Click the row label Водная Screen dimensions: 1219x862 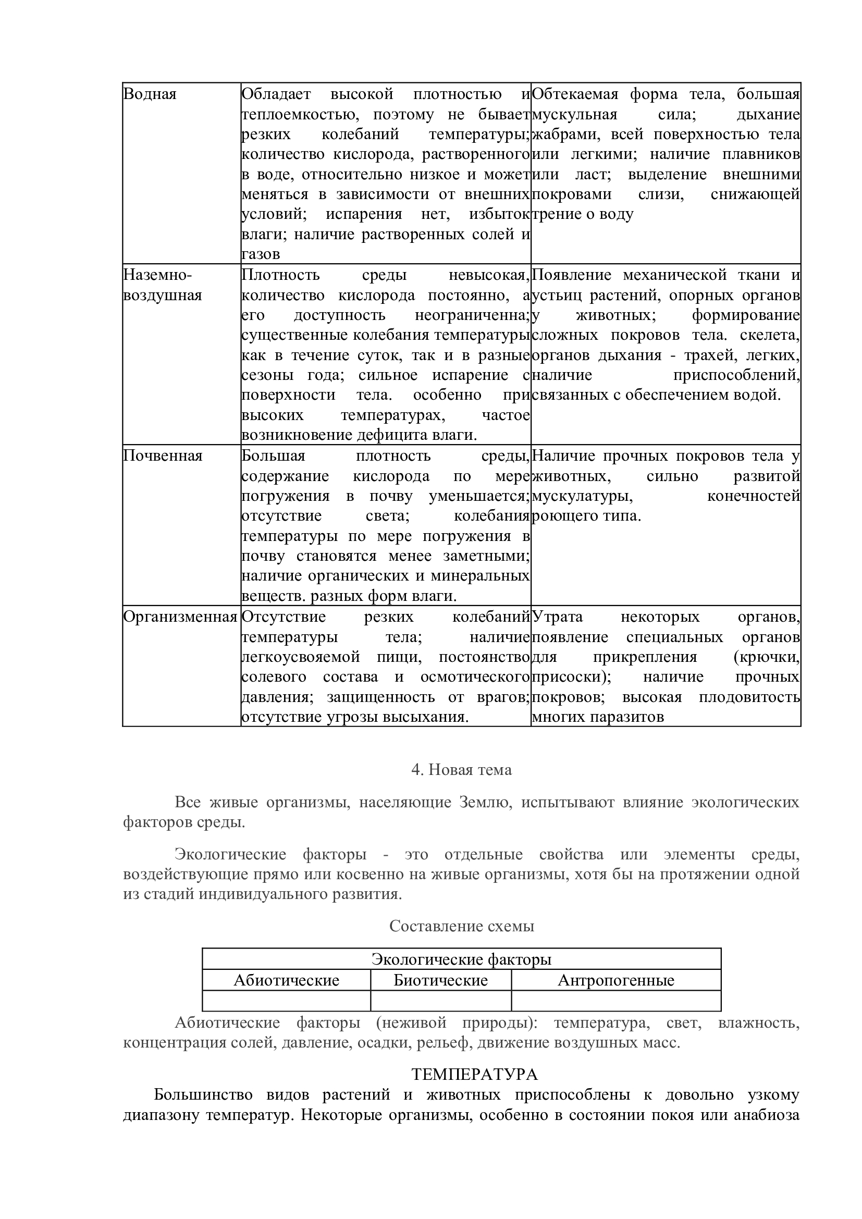pos(150,94)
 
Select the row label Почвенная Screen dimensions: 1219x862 pos(163,456)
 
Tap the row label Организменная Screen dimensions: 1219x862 pos(180,617)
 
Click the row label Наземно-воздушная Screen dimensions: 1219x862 pos(163,285)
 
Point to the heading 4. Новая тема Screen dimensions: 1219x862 pos(461,770)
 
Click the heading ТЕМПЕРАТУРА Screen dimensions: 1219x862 pos(475,1075)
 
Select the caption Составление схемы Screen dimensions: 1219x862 pos(461,926)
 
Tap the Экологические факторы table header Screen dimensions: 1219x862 pos(461,959)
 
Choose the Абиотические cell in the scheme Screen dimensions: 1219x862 pos(286,980)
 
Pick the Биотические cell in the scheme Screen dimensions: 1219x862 pos(440,980)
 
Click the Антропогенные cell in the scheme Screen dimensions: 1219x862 pos(615,980)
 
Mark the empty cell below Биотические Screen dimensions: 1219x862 pos(440,1000)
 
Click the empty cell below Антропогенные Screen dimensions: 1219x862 pos(615,1000)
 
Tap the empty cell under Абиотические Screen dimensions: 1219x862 pos(286,1000)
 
